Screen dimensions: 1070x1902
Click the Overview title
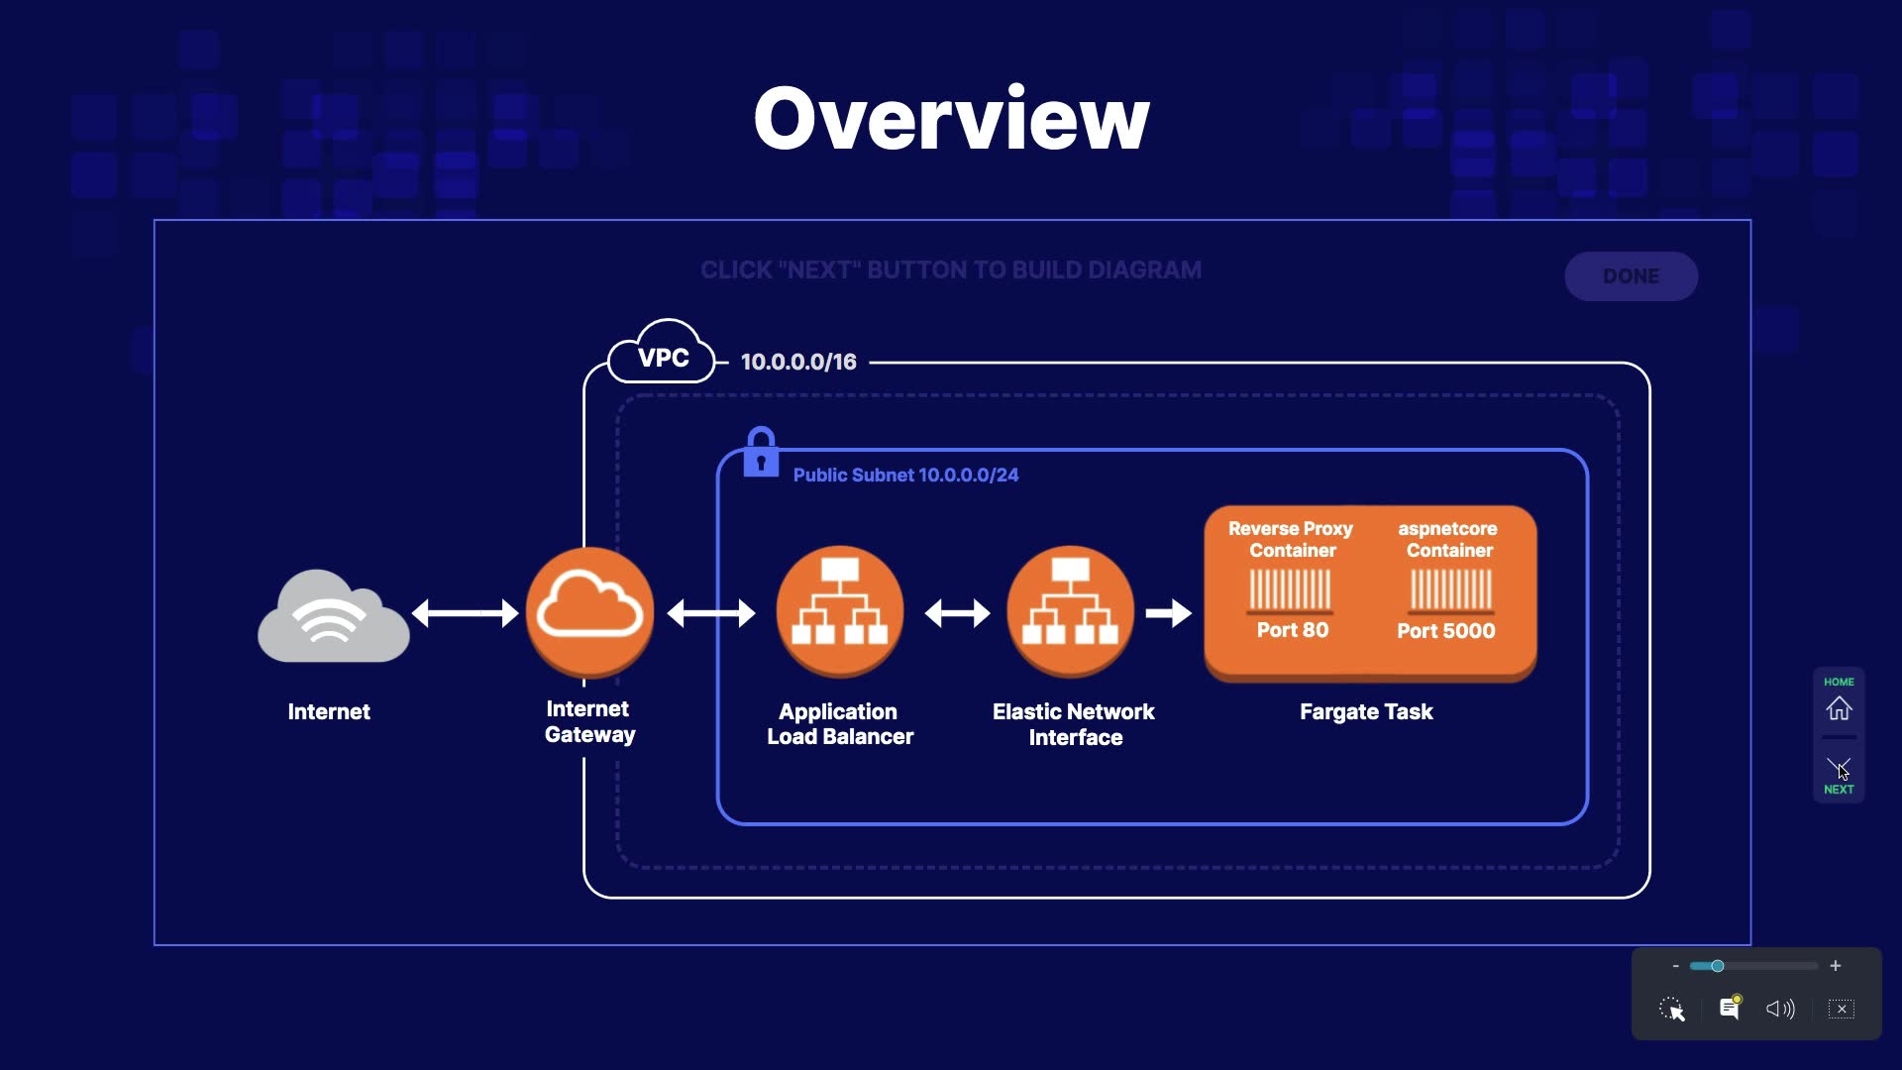(x=951, y=119)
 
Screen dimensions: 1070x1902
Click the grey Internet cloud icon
(x=333, y=616)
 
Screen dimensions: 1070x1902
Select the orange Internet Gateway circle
(x=589, y=611)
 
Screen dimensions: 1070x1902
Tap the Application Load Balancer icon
(x=840, y=611)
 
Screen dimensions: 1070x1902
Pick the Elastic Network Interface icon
(x=1070, y=611)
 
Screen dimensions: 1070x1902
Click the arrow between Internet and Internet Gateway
(x=465, y=613)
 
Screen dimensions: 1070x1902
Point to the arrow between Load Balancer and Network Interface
(x=957, y=613)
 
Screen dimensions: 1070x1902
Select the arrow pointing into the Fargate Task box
(x=1169, y=613)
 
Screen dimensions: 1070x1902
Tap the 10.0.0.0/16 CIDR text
(x=798, y=363)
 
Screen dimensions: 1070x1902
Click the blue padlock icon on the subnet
(x=761, y=453)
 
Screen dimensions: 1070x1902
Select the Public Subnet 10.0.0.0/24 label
(x=905, y=476)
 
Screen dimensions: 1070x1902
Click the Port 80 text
(x=1292, y=630)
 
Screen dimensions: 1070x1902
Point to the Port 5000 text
(x=1445, y=631)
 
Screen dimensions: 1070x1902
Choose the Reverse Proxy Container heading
(x=1291, y=539)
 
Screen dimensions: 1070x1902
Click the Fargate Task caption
(x=1366, y=711)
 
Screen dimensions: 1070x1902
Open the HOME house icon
(x=1839, y=707)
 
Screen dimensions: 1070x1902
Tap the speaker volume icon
(x=1780, y=1009)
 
